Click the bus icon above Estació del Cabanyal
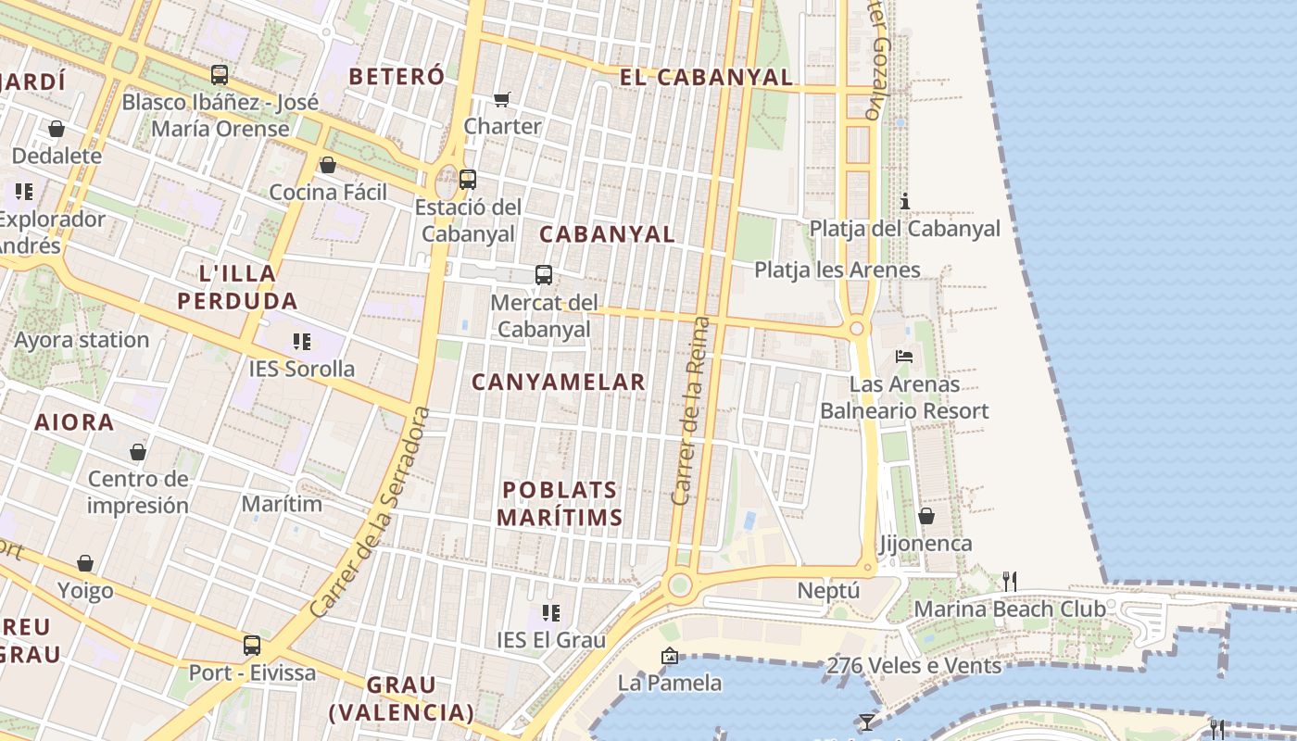[x=468, y=180]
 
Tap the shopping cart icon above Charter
[x=502, y=99]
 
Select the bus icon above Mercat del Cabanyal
[x=544, y=275]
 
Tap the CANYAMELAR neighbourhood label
[x=558, y=382]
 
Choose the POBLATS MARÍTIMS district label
[x=560, y=504]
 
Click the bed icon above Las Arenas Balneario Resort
[x=904, y=357]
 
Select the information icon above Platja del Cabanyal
[x=905, y=201]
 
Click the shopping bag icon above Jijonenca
[x=926, y=516]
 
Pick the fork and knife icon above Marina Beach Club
[x=1010, y=581]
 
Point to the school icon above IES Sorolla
[x=301, y=342]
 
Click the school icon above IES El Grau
[x=551, y=612]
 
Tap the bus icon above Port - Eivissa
[x=252, y=646]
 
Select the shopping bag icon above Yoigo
[x=85, y=563]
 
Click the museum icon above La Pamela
[x=669, y=656]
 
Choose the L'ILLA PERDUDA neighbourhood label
[x=237, y=287]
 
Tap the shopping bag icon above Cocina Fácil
[x=327, y=166]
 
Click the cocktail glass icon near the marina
[x=866, y=722]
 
